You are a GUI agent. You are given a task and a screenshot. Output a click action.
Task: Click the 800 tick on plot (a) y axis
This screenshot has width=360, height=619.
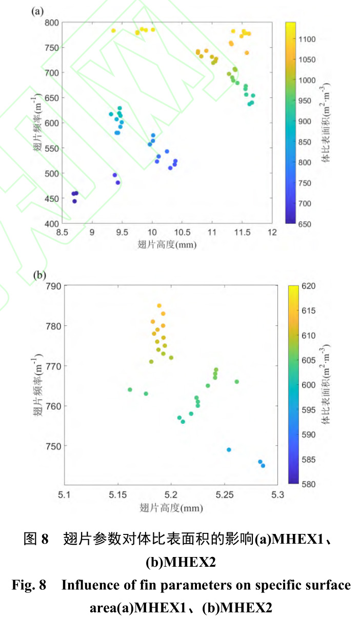point(53,23)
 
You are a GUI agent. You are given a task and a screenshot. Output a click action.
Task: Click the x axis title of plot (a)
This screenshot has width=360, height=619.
point(167,244)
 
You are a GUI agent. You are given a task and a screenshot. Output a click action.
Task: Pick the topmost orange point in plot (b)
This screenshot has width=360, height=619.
point(159,306)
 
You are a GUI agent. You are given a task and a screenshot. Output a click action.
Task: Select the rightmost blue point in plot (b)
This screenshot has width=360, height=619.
point(263,466)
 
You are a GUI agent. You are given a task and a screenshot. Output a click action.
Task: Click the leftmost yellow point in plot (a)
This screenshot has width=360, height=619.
point(113,31)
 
